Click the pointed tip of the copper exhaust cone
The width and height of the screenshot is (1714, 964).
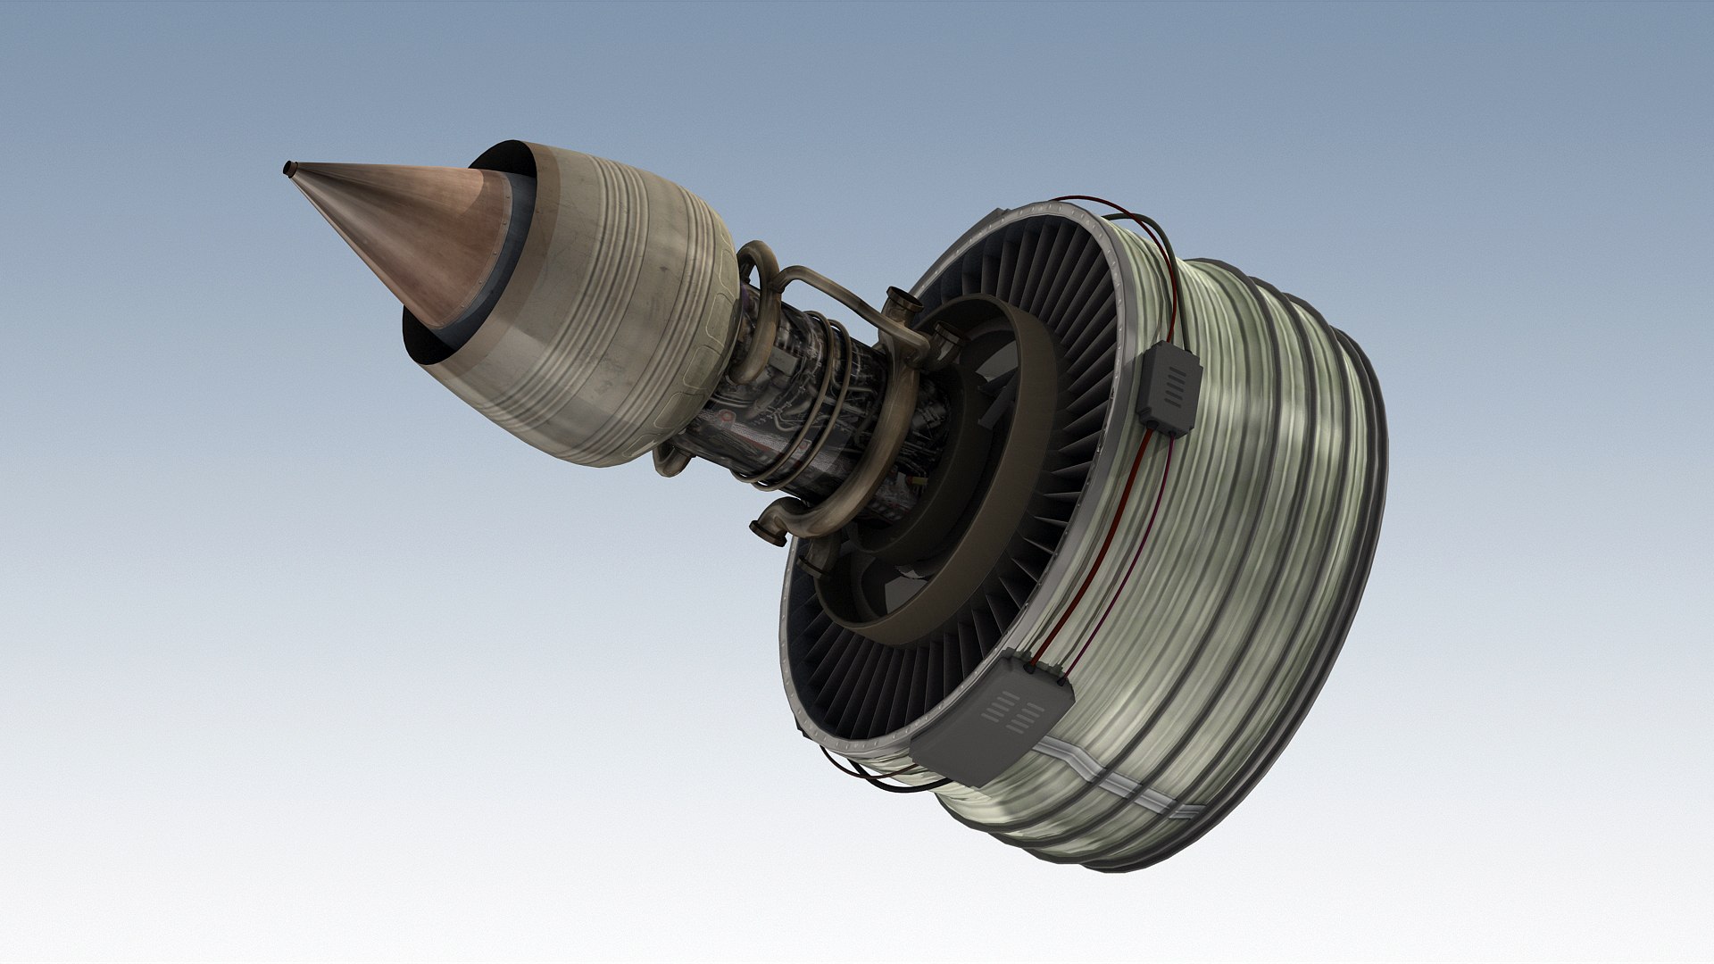[288, 168]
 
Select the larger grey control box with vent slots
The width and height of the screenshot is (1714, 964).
[991, 719]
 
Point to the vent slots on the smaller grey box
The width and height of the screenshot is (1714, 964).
[1177, 385]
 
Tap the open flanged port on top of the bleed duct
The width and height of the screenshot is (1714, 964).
[901, 300]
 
